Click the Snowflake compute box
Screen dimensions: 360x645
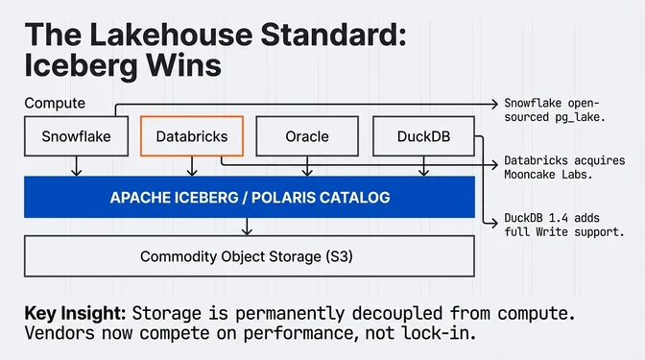point(77,136)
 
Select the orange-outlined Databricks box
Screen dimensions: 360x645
point(192,136)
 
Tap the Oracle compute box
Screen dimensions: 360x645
point(307,136)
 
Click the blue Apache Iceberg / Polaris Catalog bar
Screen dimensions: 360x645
point(250,198)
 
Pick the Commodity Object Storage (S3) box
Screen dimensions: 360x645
point(250,256)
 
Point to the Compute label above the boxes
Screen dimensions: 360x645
point(55,103)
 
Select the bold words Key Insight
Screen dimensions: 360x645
point(74,313)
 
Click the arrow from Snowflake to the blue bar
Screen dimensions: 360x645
point(77,166)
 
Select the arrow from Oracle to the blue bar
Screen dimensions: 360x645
point(307,166)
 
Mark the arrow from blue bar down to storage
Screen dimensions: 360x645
point(250,227)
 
